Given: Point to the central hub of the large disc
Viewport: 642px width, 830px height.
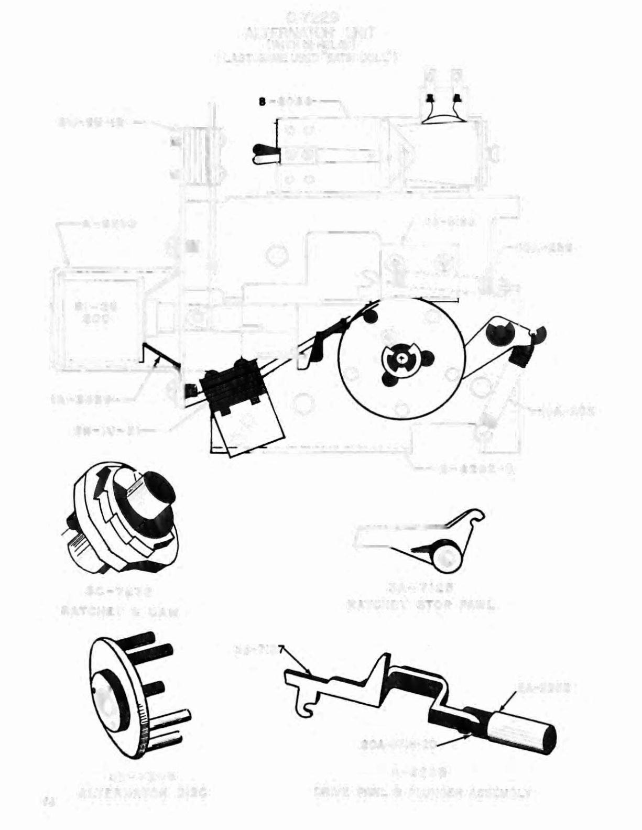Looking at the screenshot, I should click(x=400, y=358).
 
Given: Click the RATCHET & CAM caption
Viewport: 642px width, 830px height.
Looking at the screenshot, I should click(x=120, y=611).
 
